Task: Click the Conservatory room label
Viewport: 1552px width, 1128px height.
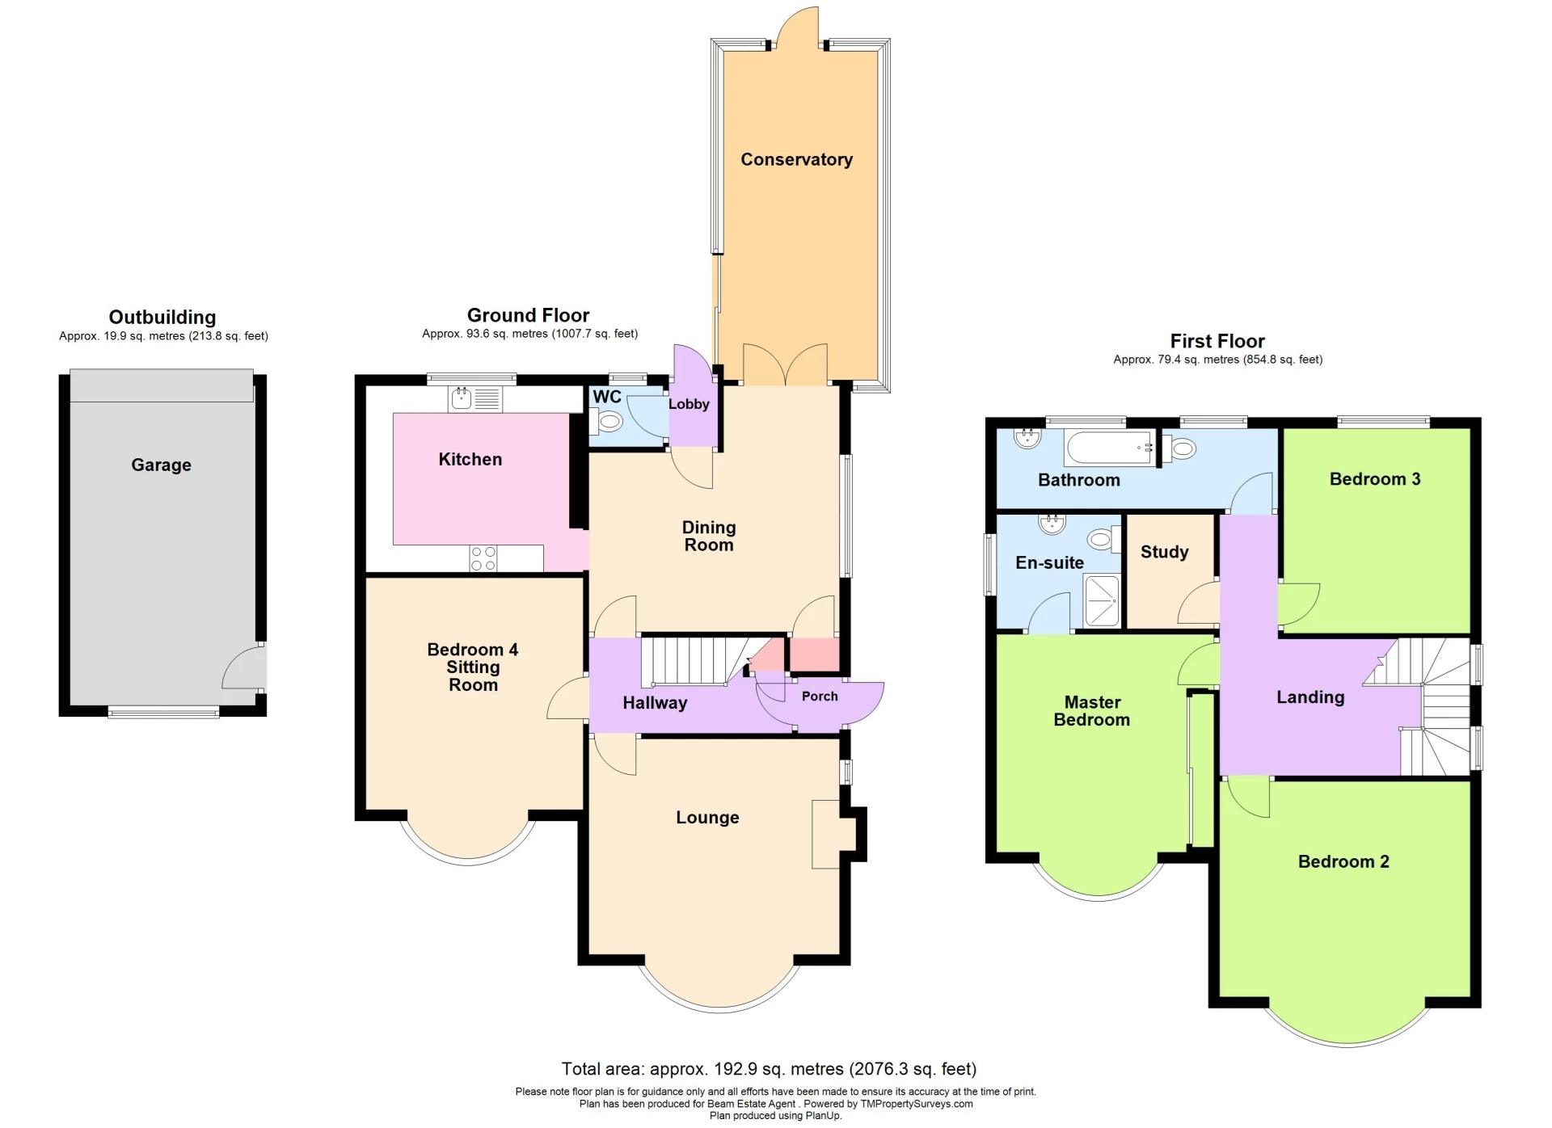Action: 796,159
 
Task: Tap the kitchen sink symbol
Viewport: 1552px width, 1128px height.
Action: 462,398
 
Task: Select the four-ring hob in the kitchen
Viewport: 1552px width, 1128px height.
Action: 483,558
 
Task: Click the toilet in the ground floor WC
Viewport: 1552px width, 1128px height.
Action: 608,421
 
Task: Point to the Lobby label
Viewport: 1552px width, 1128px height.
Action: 689,404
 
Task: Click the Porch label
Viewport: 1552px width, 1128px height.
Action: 819,696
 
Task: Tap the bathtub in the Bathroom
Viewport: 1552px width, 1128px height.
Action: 1108,448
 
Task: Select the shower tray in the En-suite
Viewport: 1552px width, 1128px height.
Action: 1102,600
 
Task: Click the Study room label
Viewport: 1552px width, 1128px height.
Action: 1164,552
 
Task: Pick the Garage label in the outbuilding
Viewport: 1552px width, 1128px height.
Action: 161,465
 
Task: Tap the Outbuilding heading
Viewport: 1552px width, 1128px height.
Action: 162,317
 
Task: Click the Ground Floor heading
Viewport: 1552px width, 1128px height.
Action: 528,315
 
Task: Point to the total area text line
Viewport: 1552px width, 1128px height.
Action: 769,1069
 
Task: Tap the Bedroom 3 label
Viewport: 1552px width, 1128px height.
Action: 1374,479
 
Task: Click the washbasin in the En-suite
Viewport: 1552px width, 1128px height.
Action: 1052,524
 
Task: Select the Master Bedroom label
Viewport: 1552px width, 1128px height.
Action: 1091,711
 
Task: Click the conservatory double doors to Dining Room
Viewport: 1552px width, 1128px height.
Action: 785,366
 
